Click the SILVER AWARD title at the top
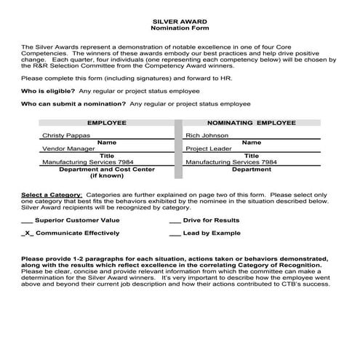pos(180,23)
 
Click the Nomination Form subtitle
pos(180,30)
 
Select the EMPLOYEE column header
pos(107,123)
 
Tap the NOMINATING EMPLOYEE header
pos(251,123)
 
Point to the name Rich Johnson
pos(207,135)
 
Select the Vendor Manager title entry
pos(68,149)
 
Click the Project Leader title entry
pos(208,149)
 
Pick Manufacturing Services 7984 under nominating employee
pos(231,162)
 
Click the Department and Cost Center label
pos(107,169)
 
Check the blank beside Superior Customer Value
pos(27,220)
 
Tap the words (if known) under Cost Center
pos(107,176)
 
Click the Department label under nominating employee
pos(251,169)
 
